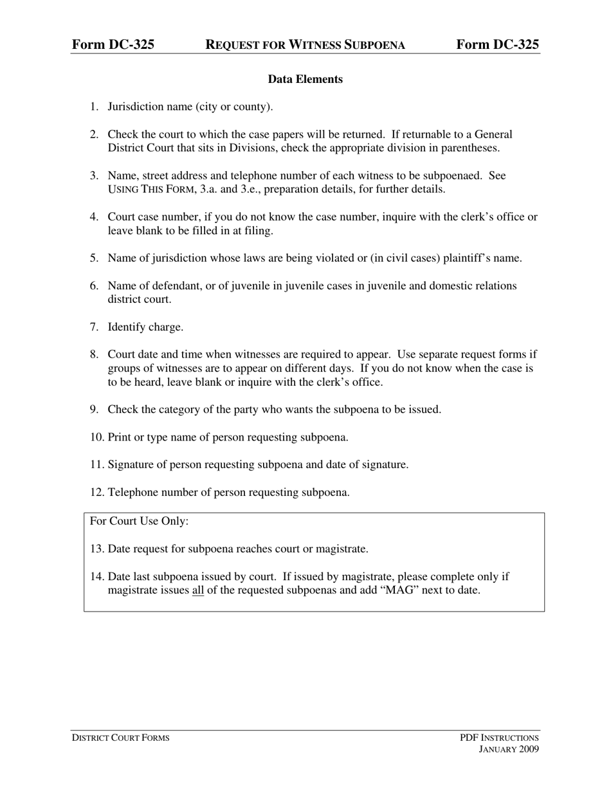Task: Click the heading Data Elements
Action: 305,79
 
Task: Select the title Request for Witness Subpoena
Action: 305,44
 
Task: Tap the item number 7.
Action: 95,327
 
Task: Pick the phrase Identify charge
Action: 145,327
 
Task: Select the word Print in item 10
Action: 120,437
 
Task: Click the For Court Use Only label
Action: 139,521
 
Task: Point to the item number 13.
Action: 97,549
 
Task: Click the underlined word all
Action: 197,590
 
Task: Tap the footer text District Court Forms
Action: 120,738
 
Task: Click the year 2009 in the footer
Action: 527,749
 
